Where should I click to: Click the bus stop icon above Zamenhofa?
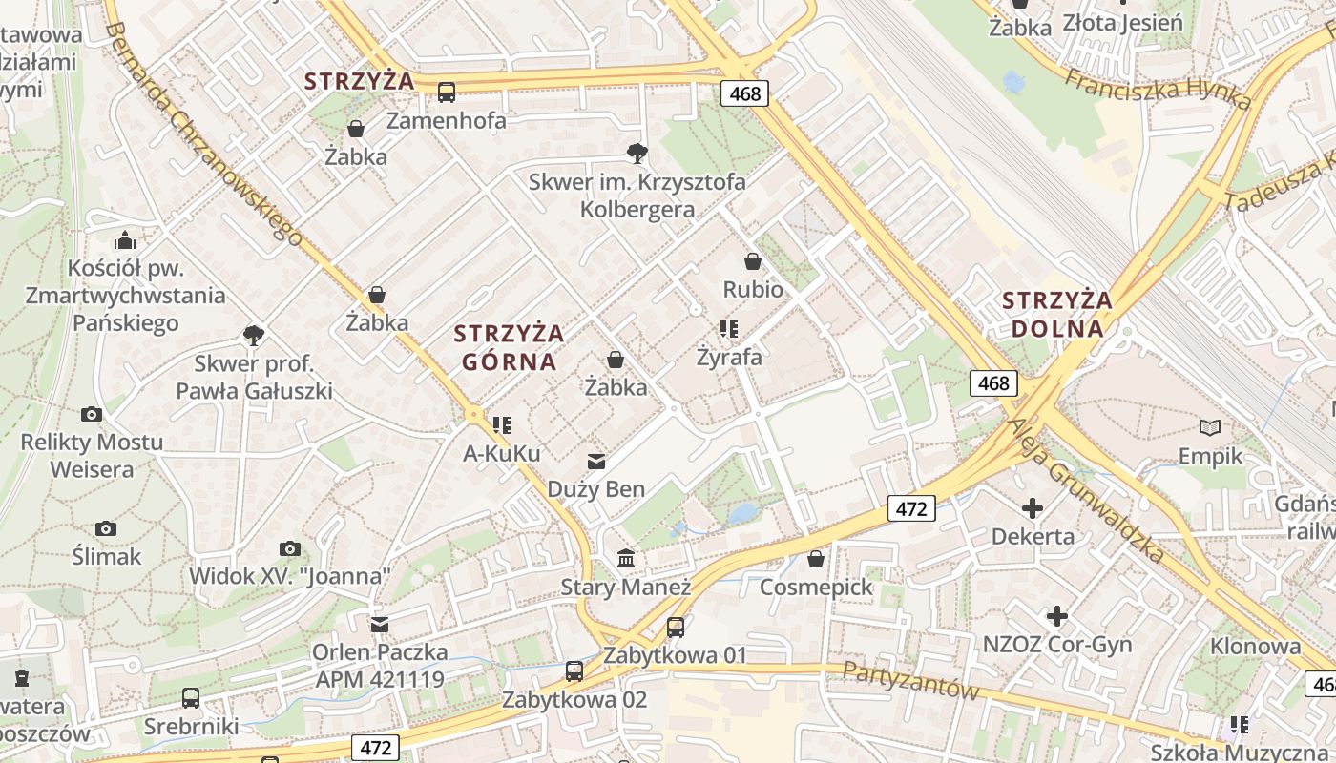click(447, 93)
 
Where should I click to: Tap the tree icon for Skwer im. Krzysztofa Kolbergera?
click(637, 153)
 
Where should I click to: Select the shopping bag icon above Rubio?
click(753, 261)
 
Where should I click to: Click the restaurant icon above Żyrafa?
click(729, 330)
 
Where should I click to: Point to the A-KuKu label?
click(502, 453)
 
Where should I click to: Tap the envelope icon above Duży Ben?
click(596, 462)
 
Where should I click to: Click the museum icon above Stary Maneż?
click(626, 558)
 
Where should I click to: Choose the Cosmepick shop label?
click(816, 587)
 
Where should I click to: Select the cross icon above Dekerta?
click(1033, 508)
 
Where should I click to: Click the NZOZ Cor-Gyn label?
click(1057, 645)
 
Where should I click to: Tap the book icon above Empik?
click(1210, 428)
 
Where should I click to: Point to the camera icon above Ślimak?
click(107, 528)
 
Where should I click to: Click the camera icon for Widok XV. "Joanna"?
click(290, 548)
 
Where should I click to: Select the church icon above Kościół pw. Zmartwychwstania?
click(125, 239)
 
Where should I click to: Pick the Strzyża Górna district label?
click(509, 347)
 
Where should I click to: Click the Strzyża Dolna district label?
click(1057, 315)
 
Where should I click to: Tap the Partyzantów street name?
click(910, 680)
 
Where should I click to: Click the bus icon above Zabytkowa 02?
click(574, 671)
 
